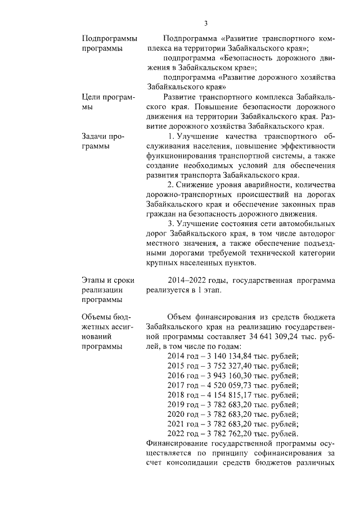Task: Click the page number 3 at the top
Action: coord(205,24)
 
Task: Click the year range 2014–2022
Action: coord(188,280)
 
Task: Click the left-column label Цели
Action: coord(93,97)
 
